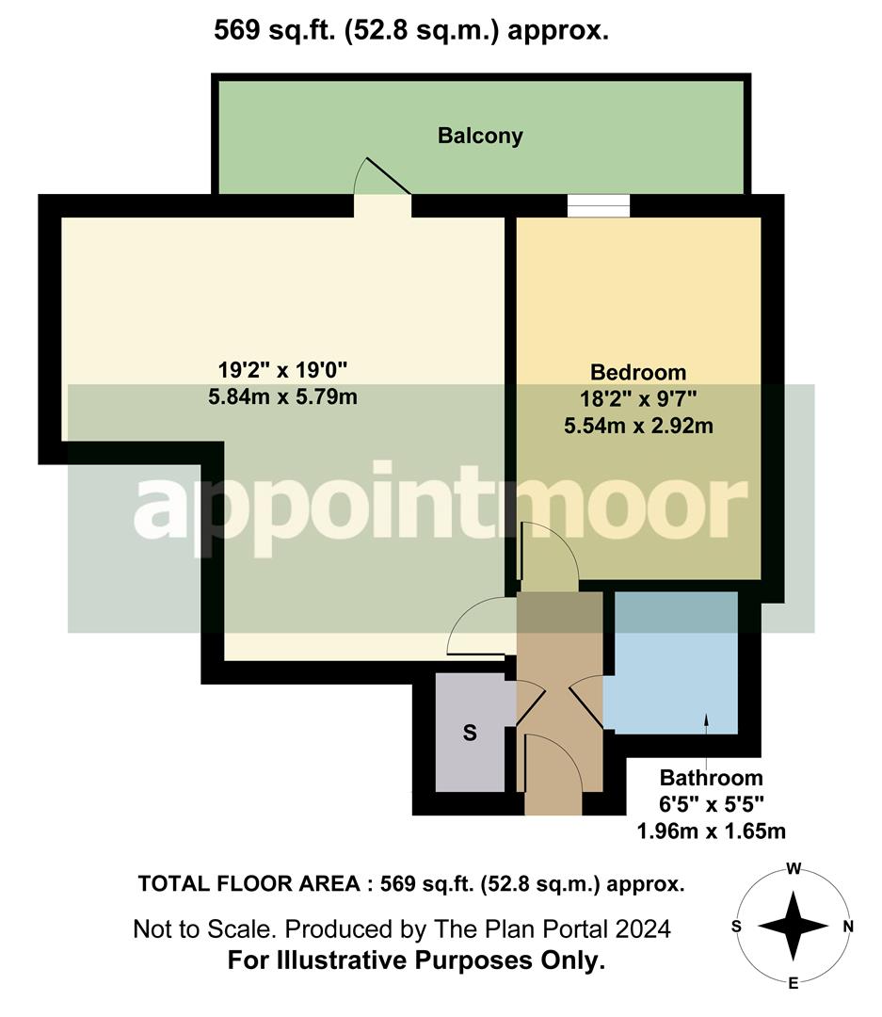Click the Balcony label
coord(480,136)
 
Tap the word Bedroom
coord(638,372)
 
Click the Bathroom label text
coord(711,779)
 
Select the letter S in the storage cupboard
coord(470,734)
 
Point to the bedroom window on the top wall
coord(599,205)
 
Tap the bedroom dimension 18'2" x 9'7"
coord(638,398)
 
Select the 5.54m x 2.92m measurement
coord(638,426)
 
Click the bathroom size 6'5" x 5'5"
coord(711,805)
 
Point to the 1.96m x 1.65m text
coord(711,831)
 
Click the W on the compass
coord(794,869)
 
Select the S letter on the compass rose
coord(737,926)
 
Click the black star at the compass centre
coord(794,926)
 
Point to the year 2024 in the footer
coord(643,929)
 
